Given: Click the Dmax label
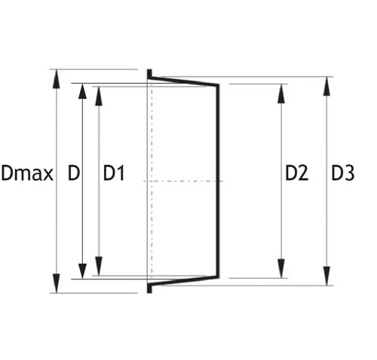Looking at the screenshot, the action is pos(27,173).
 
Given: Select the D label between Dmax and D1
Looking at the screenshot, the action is pos(74,173).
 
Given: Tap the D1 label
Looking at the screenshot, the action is pos(114,173).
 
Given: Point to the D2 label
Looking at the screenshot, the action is pos(297,173).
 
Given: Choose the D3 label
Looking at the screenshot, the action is pos(343,173).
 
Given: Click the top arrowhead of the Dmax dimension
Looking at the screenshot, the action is pos(57,79).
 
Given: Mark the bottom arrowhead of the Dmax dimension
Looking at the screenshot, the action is pos(57,283).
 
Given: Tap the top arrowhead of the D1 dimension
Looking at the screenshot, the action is pos(99,96).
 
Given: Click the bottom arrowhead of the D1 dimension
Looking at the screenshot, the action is pos(99,266).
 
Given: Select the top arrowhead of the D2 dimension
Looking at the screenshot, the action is pos(281,93).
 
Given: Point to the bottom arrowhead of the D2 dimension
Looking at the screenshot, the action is pos(281,268).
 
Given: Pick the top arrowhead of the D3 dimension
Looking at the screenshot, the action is pos(326,86).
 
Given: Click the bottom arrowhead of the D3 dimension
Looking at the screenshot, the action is pos(326,276).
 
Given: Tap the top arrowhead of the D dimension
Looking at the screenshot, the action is pos(82,93).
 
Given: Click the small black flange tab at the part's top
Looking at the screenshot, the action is pos(149,74).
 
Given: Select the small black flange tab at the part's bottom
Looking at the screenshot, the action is pos(149,288).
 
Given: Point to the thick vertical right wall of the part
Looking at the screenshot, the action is pos(218,181).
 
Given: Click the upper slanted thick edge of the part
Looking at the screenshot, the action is pos(183,81).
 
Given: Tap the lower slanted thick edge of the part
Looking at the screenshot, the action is pos(183,281).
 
